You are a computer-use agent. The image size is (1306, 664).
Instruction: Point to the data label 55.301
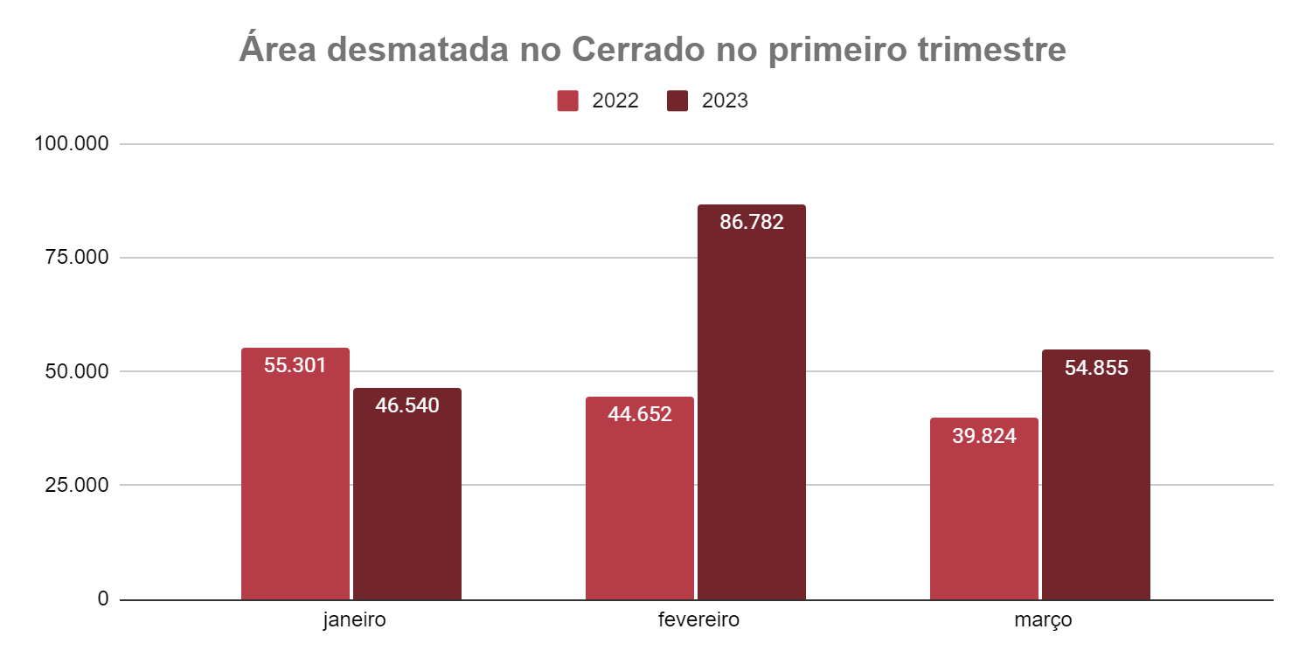(x=295, y=365)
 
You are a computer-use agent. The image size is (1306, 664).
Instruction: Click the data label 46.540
(x=407, y=405)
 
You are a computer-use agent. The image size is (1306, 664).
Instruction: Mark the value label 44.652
(x=640, y=414)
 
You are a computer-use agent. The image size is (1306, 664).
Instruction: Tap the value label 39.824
(x=984, y=435)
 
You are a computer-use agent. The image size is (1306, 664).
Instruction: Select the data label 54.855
(x=1096, y=368)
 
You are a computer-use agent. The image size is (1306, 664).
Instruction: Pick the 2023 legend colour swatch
(x=677, y=100)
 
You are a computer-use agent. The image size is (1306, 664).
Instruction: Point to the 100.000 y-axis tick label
(x=72, y=144)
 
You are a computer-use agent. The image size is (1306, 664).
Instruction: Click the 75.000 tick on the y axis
(x=77, y=258)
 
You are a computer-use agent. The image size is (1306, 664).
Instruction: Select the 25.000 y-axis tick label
(x=77, y=485)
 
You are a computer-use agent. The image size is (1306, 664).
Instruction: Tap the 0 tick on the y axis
(x=103, y=599)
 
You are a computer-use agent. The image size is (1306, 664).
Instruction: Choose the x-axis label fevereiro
(x=698, y=621)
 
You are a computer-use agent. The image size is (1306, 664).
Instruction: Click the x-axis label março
(x=1043, y=621)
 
